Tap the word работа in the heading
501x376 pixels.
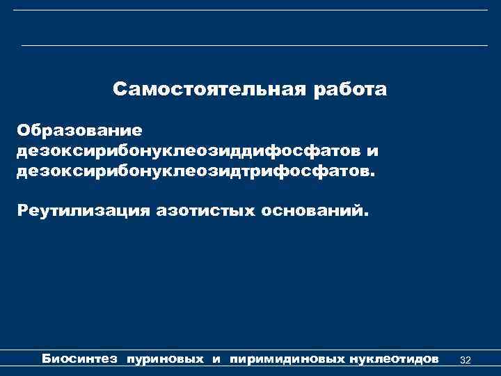(351, 91)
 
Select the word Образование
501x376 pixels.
(80, 130)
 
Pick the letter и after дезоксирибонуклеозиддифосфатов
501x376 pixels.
(374, 151)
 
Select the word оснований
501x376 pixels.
(310, 210)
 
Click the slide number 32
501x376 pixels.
(466, 360)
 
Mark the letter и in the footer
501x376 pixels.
(216, 360)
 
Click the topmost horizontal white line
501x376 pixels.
(250, 10)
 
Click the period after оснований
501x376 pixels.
(360, 214)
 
